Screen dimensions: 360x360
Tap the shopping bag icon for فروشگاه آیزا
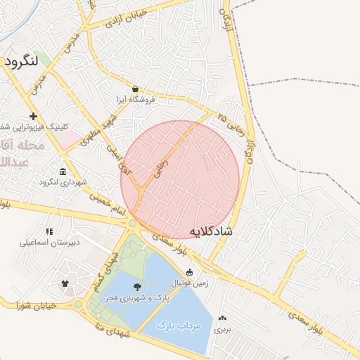click(134, 89)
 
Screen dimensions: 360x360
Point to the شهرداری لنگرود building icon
click(63, 172)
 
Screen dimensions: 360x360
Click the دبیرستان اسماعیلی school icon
click(49, 231)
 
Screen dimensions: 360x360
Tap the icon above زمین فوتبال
click(189, 271)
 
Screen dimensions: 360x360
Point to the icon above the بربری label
click(223, 318)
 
